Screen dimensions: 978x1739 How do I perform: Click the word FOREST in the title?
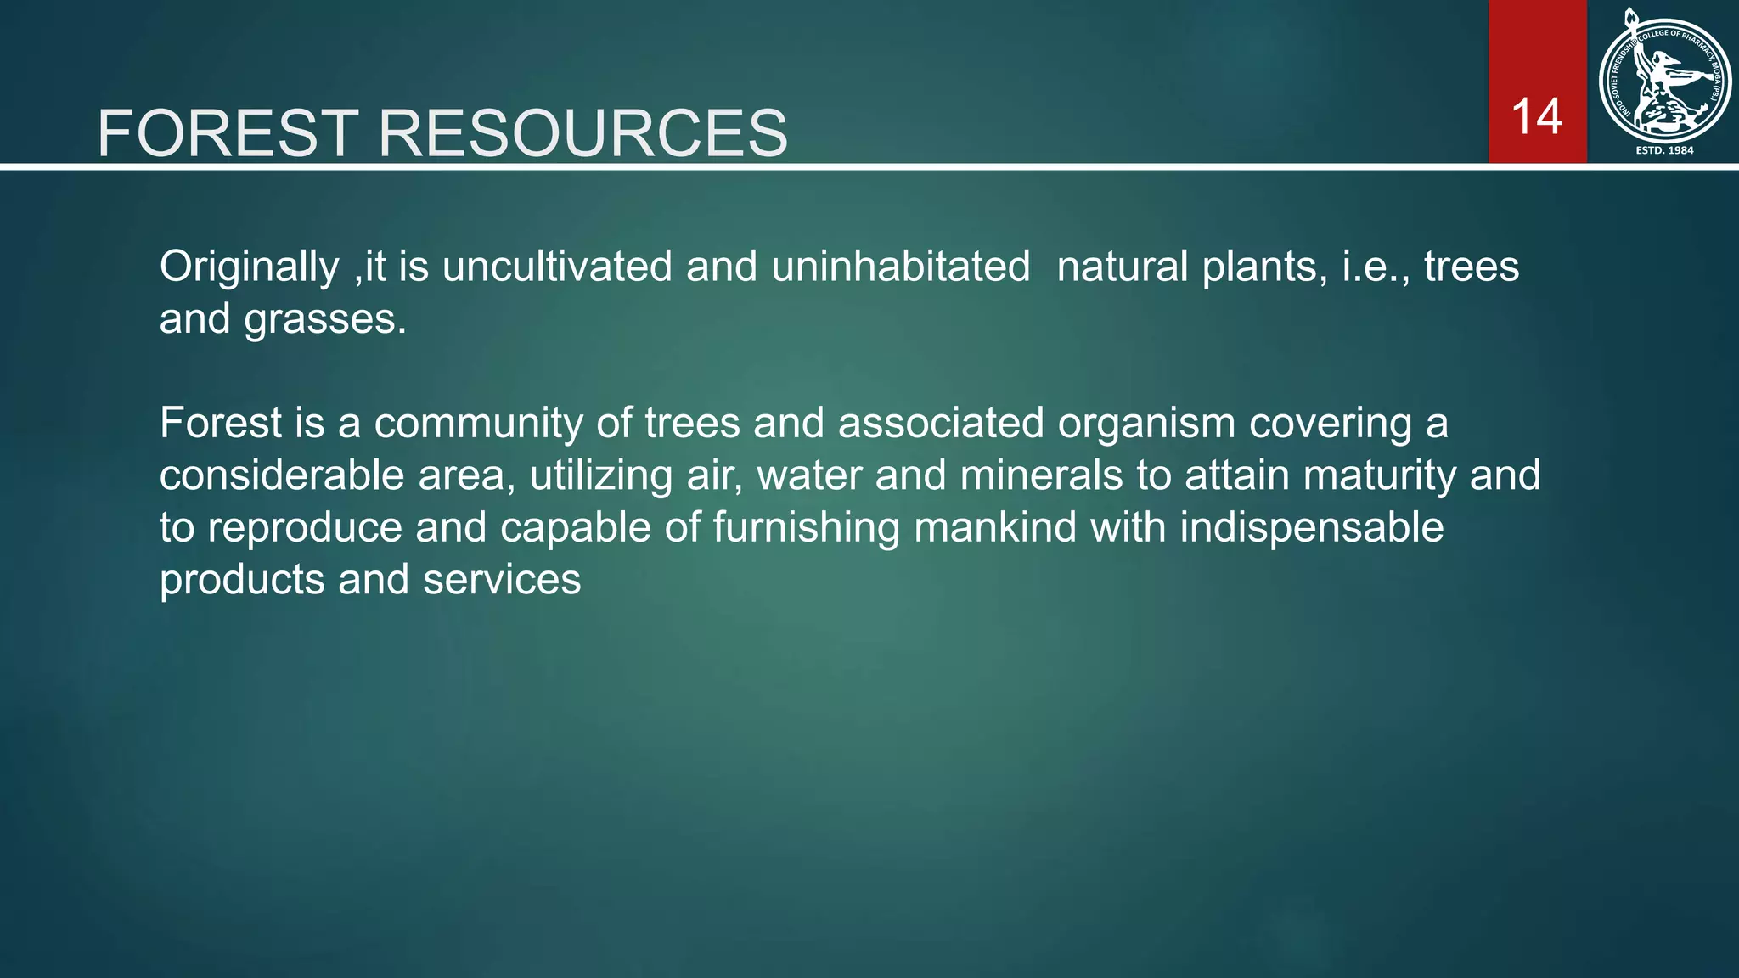(x=228, y=133)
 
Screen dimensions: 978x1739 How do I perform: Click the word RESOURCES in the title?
(x=582, y=133)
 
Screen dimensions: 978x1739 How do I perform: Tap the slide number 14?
(x=1537, y=116)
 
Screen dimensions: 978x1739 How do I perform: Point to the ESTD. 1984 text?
(x=1664, y=150)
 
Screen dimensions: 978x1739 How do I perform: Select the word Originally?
(x=249, y=267)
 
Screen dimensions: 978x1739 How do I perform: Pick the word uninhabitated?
(x=900, y=267)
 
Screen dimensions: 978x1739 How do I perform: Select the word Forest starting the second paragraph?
(x=221, y=423)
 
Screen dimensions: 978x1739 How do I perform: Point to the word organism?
(x=1146, y=424)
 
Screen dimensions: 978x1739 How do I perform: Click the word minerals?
(x=1041, y=475)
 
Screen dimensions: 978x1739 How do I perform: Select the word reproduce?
(x=305, y=528)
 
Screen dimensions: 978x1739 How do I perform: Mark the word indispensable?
(x=1311, y=528)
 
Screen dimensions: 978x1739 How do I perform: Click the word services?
(x=502, y=580)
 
